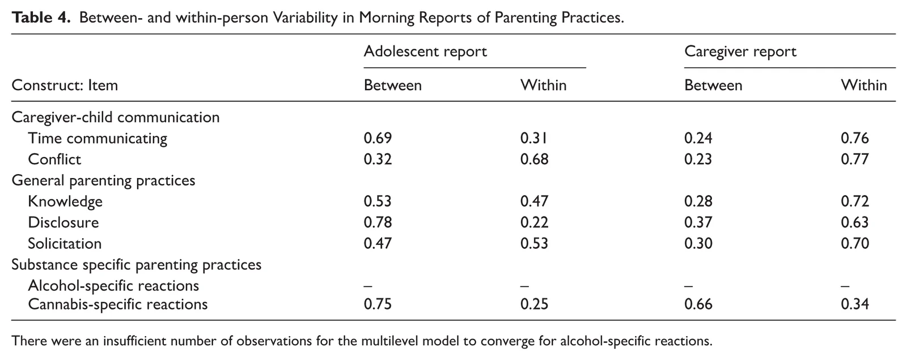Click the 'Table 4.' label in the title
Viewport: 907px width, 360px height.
click(41, 18)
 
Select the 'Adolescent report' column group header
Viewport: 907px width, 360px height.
click(425, 52)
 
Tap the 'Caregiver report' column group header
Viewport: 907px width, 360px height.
click(740, 52)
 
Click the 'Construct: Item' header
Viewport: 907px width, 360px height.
click(65, 85)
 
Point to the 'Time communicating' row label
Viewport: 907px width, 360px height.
click(98, 138)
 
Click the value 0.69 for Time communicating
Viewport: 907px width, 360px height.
click(378, 138)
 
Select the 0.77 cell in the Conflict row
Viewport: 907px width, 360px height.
click(855, 159)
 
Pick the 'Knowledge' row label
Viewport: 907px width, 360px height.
click(65, 201)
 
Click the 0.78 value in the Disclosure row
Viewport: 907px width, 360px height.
click(378, 222)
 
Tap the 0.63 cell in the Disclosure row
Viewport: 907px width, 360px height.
click(855, 222)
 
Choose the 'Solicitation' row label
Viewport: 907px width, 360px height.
click(65, 243)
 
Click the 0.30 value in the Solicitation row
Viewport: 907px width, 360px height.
click(698, 243)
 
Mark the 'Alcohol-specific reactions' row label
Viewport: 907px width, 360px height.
click(113, 286)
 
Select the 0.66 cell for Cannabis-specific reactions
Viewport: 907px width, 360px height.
click(698, 304)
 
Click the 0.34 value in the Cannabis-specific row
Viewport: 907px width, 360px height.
click(855, 304)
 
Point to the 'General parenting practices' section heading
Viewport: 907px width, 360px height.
click(103, 180)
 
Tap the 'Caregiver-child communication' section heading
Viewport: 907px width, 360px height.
click(116, 117)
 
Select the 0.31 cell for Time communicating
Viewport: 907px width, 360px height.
click(534, 138)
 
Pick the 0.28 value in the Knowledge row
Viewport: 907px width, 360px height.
click(698, 201)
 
